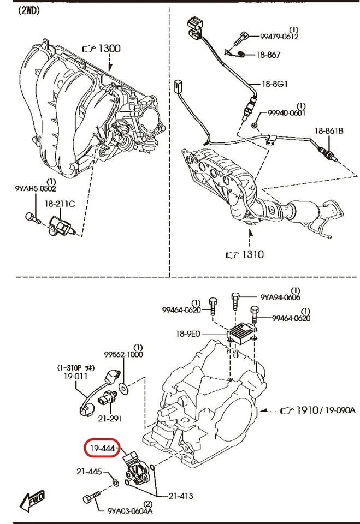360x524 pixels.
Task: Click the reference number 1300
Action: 108,49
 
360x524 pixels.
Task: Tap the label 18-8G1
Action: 274,84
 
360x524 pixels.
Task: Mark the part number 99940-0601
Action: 286,113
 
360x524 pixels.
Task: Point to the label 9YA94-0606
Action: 280,297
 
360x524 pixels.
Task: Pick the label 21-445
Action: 88,471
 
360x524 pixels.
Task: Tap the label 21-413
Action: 180,496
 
